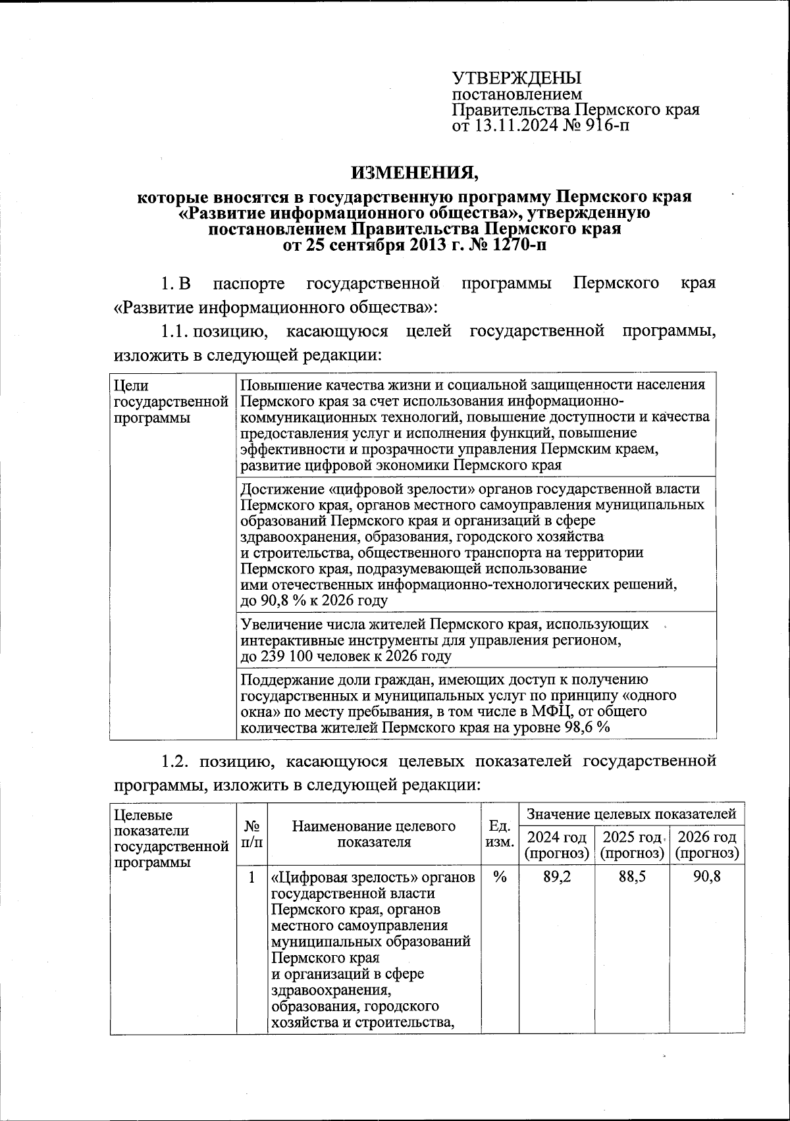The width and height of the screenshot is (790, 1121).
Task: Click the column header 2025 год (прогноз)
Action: point(631,845)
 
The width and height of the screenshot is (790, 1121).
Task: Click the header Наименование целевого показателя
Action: point(373,833)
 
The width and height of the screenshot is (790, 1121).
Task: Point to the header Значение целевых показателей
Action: point(631,814)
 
